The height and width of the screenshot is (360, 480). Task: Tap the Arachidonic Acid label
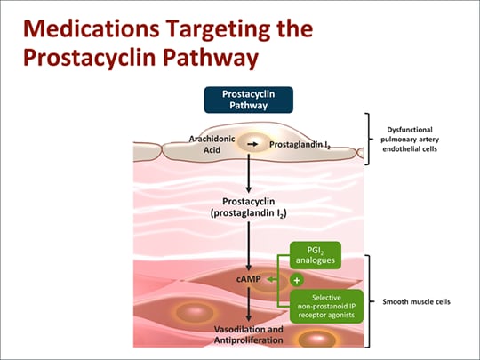pos(211,144)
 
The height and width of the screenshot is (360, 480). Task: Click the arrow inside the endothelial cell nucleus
pos(252,142)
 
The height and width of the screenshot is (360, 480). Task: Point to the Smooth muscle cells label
pos(416,301)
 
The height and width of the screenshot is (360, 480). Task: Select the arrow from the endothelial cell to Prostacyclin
pos(250,174)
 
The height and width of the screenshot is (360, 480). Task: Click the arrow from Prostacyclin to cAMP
pos(250,244)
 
